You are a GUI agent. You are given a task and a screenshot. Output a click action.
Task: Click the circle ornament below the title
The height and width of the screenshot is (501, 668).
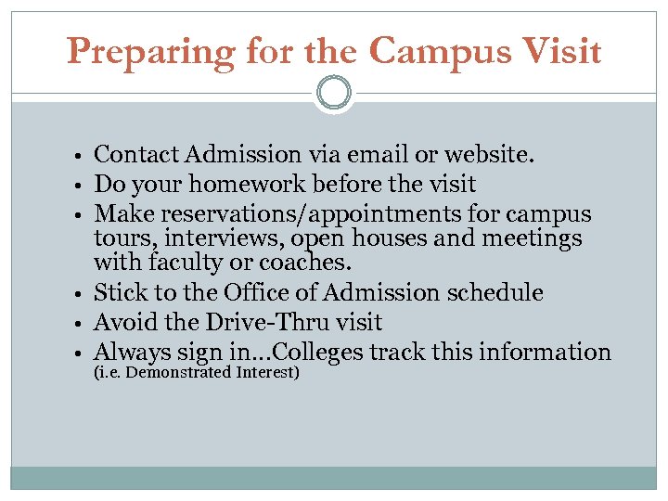[334, 93]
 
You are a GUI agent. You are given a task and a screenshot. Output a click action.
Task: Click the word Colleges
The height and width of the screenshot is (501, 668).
[325, 353]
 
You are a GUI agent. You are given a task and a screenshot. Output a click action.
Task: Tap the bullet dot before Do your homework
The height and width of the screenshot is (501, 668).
[83, 186]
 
